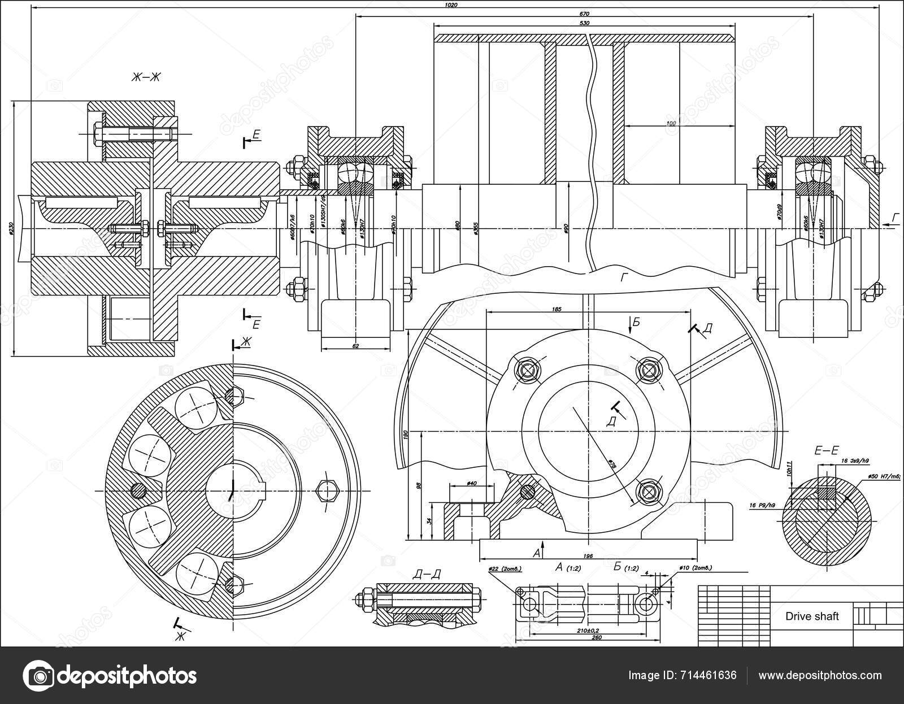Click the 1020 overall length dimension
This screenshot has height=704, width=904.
pos(451,5)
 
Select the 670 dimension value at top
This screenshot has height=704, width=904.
pos(584,14)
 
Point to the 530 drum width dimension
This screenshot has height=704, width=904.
pos(584,23)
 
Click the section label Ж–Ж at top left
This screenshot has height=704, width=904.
pos(146,78)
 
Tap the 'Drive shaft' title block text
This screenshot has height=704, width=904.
pos(812,616)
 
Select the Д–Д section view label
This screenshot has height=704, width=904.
pos(427,575)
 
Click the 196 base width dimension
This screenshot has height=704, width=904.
pos(588,557)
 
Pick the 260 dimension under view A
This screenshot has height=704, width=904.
pos(596,638)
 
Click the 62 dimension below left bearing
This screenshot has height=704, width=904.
pos(355,346)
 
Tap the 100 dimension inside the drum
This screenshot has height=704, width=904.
pos(671,123)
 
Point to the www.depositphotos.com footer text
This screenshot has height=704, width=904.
pos(820,675)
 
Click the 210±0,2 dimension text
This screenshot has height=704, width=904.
pos(588,630)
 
